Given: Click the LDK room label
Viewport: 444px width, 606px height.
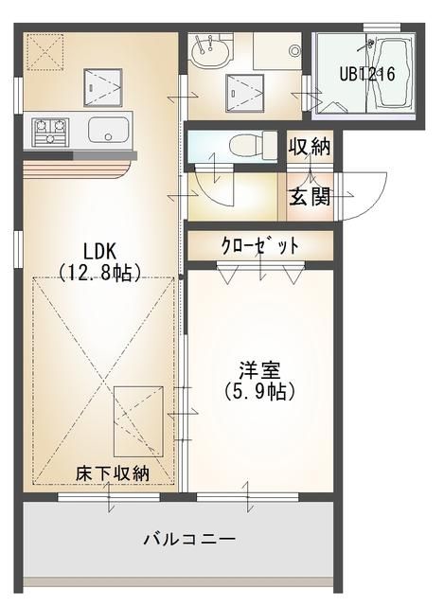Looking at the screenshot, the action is point(99,252).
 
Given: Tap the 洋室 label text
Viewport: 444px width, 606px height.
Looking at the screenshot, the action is point(259,370).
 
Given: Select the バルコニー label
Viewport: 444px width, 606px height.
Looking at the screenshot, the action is point(189,539).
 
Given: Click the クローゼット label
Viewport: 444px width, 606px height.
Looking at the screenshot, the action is point(260,245).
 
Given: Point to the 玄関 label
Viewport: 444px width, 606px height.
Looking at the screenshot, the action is point(310,197).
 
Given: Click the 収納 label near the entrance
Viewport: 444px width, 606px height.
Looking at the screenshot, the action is point(310,146).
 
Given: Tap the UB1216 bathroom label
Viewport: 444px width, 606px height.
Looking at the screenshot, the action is point(367,74).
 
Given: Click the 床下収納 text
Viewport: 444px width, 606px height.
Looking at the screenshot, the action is point(112,473).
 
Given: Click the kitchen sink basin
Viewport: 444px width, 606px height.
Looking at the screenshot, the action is point(108,130).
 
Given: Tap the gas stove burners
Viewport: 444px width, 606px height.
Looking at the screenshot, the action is point(50,132).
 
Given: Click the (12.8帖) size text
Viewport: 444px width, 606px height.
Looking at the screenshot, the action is point(99,272).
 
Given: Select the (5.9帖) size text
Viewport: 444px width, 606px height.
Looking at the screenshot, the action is point(259,391).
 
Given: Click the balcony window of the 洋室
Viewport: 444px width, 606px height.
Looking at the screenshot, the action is point(247,496).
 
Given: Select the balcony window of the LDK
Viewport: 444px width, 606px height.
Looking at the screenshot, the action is point(109,496).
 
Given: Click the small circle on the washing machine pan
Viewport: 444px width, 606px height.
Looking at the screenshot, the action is point(295,51).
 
